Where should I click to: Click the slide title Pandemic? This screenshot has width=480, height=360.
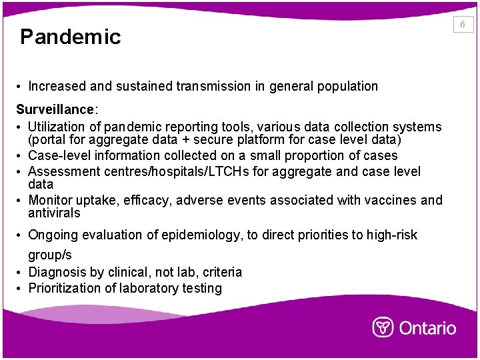click(x=70, y=37)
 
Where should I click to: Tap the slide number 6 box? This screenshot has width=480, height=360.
click(x=463, y=25)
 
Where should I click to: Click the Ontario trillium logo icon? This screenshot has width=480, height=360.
click(x=383, y=327)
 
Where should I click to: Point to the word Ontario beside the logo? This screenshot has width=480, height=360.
click(x=427, y=328)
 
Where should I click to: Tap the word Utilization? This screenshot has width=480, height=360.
click(x=56, y=127)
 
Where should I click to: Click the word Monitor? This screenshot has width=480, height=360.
click(x=51, y=201)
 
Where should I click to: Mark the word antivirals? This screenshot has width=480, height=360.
click(x=54, y=213)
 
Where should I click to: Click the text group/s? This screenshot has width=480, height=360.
click(x=49, y=255)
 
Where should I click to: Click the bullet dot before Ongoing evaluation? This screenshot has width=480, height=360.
click(x=21, y=235)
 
